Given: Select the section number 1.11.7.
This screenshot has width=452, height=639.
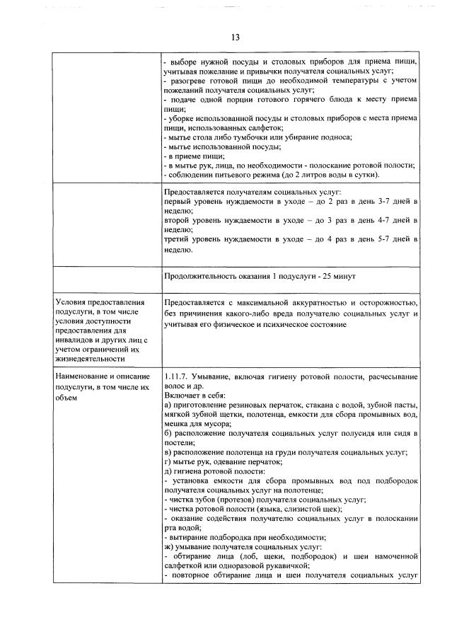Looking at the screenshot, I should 175,376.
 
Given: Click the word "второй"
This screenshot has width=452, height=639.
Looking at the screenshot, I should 176,221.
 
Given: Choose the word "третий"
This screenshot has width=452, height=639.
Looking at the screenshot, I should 177,240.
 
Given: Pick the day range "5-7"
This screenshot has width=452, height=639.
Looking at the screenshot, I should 380,240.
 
